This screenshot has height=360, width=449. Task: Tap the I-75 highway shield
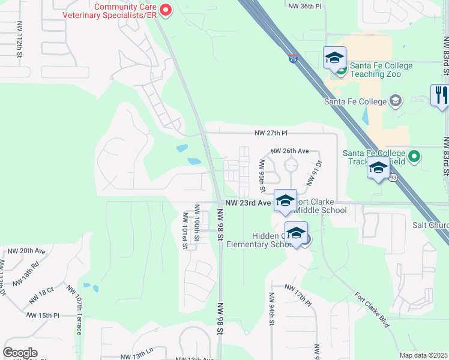click(292, 59)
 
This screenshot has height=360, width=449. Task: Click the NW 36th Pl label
click(305, 5)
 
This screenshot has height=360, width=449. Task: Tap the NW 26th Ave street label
click(289, 151)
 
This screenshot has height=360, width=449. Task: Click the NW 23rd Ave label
click(249, 203)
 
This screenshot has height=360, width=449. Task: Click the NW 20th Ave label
click(26, 250)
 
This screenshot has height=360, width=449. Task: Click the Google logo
click(20, 352)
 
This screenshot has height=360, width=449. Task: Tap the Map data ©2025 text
click(423, 355)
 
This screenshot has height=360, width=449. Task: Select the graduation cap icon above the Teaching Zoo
click(334, 58)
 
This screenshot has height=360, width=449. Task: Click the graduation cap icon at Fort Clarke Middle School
click(285, 200)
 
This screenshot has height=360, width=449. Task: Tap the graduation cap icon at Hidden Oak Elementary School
click(296, 232)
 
